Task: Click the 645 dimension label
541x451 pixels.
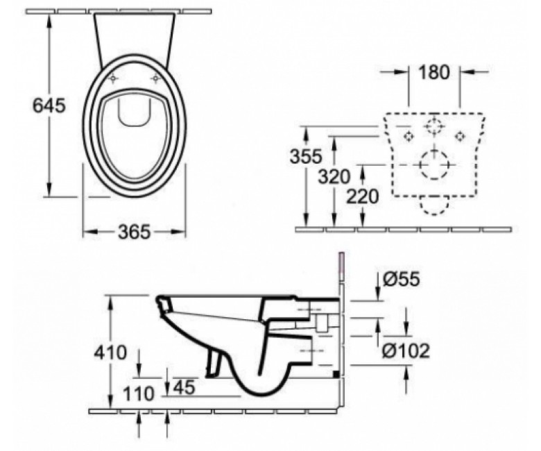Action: (x=49, y=105)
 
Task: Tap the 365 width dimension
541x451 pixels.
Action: (x=135, y=232)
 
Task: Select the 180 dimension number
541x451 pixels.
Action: (x=434, y=72)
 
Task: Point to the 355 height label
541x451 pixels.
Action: (x=306, y=156)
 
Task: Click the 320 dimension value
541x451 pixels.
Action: (x=334, y=177)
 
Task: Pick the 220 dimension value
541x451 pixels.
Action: (x=363, y=197)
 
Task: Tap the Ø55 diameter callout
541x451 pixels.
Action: (x=402, y=279)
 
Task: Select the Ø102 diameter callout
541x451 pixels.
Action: (x=406, y=351)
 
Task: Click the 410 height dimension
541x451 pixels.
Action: (x=110, y=352)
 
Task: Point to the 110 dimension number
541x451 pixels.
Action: (x=138, y=393)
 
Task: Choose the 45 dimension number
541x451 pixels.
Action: (x=184, y=387)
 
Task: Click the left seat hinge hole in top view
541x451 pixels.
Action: (x=113, y=79)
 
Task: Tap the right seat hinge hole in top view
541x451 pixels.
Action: (x=156, y=79)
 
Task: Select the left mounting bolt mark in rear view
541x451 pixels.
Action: (x=409, y=136)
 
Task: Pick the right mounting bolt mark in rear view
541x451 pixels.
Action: (x=459, y=136)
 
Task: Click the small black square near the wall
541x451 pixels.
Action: (x=336, y=374)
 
